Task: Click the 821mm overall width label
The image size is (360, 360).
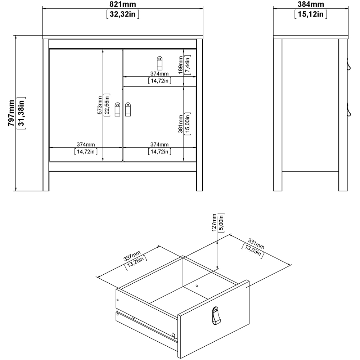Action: (x=123, y=4)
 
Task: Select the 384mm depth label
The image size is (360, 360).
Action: (x=311, y=4)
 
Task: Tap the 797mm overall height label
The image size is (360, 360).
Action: (x=11, y=113)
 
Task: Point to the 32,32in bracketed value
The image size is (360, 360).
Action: (x=123, y=14)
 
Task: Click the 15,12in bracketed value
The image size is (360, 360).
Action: (x=311, y=14)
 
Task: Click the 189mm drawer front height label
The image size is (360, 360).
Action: (x=181, y=65)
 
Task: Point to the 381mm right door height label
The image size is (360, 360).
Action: (x=181, y=125)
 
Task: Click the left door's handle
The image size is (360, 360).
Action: (x=117, y=109)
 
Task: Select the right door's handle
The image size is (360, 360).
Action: (x=128, y=109)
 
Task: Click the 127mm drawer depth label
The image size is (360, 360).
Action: (x=214, y=223)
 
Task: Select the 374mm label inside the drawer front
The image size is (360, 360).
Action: (x=159, y=74)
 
